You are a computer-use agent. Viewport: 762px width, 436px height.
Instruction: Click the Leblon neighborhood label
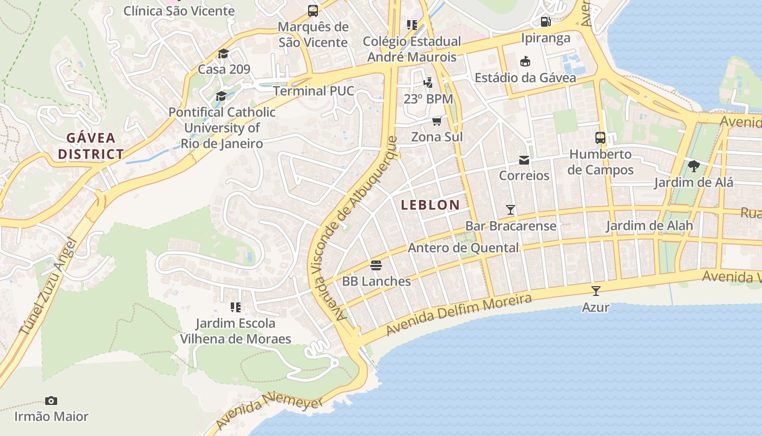[430, 205]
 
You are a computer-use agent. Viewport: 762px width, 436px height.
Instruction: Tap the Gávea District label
[91, 146]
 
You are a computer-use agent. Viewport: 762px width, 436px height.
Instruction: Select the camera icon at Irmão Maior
[51, 401]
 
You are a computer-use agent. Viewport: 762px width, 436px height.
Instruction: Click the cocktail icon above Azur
[596, 290]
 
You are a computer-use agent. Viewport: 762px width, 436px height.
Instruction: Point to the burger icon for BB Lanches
[376, 265]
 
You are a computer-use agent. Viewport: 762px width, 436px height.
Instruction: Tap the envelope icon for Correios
[524, 160]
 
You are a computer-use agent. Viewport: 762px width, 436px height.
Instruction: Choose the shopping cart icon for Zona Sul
[437, 121]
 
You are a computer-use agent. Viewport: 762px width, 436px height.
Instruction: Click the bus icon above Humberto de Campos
[600, 138]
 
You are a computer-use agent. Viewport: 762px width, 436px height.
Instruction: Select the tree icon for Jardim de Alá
[693, 166]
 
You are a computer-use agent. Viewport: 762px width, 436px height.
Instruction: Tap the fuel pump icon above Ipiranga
[545, 22]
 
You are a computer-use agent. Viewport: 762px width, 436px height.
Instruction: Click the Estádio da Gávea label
[525, 77]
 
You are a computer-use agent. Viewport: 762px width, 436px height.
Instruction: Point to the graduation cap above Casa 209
[223, 53]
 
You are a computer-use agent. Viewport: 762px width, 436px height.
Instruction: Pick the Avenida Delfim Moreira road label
[459, 314]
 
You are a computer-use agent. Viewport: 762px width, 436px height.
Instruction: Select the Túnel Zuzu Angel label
[49, 296]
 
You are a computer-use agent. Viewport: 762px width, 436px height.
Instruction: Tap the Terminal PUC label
[314, 90]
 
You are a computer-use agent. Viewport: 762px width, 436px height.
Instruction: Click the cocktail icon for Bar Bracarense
[510, 209]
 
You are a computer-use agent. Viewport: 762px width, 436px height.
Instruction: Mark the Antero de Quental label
[463, 248]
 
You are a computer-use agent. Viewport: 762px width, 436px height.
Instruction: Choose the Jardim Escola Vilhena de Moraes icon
[236, 307]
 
